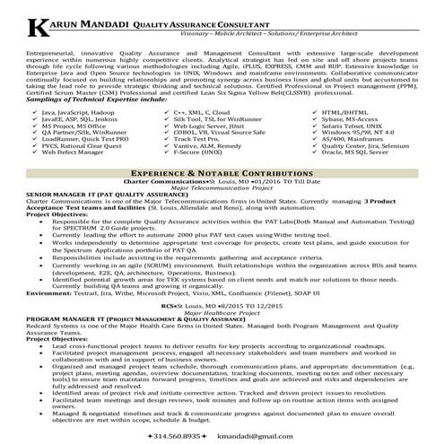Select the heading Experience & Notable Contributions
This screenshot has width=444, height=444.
click(222, 168)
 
